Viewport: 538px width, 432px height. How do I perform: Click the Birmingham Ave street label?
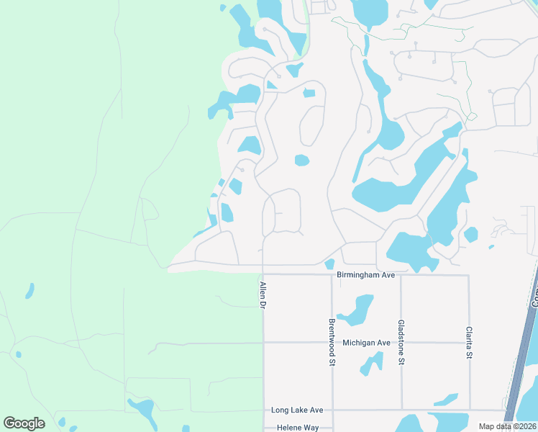366,275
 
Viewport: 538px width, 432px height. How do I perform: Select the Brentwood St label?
332,343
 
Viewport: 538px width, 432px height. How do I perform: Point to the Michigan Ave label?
366,343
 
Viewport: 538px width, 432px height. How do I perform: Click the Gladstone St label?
401,343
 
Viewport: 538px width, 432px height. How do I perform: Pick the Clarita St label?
469,343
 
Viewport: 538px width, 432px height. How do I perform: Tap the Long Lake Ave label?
297,410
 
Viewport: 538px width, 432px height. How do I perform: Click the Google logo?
24,423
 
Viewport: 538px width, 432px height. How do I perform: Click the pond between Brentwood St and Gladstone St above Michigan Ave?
354,310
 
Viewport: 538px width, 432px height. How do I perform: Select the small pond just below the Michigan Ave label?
371,364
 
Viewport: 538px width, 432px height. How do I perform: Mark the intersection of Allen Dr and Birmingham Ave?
264,274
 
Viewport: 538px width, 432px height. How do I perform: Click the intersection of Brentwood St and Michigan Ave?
332,343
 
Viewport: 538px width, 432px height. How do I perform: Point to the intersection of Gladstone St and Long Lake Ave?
401,410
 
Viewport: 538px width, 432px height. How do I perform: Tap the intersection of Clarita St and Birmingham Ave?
469,275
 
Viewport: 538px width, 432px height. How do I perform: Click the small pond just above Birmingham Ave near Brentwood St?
329,264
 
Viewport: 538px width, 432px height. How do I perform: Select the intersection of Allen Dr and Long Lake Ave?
264,410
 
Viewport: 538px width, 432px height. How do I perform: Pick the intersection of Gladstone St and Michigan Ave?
401,343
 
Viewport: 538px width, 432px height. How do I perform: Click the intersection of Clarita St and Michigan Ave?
469,343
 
